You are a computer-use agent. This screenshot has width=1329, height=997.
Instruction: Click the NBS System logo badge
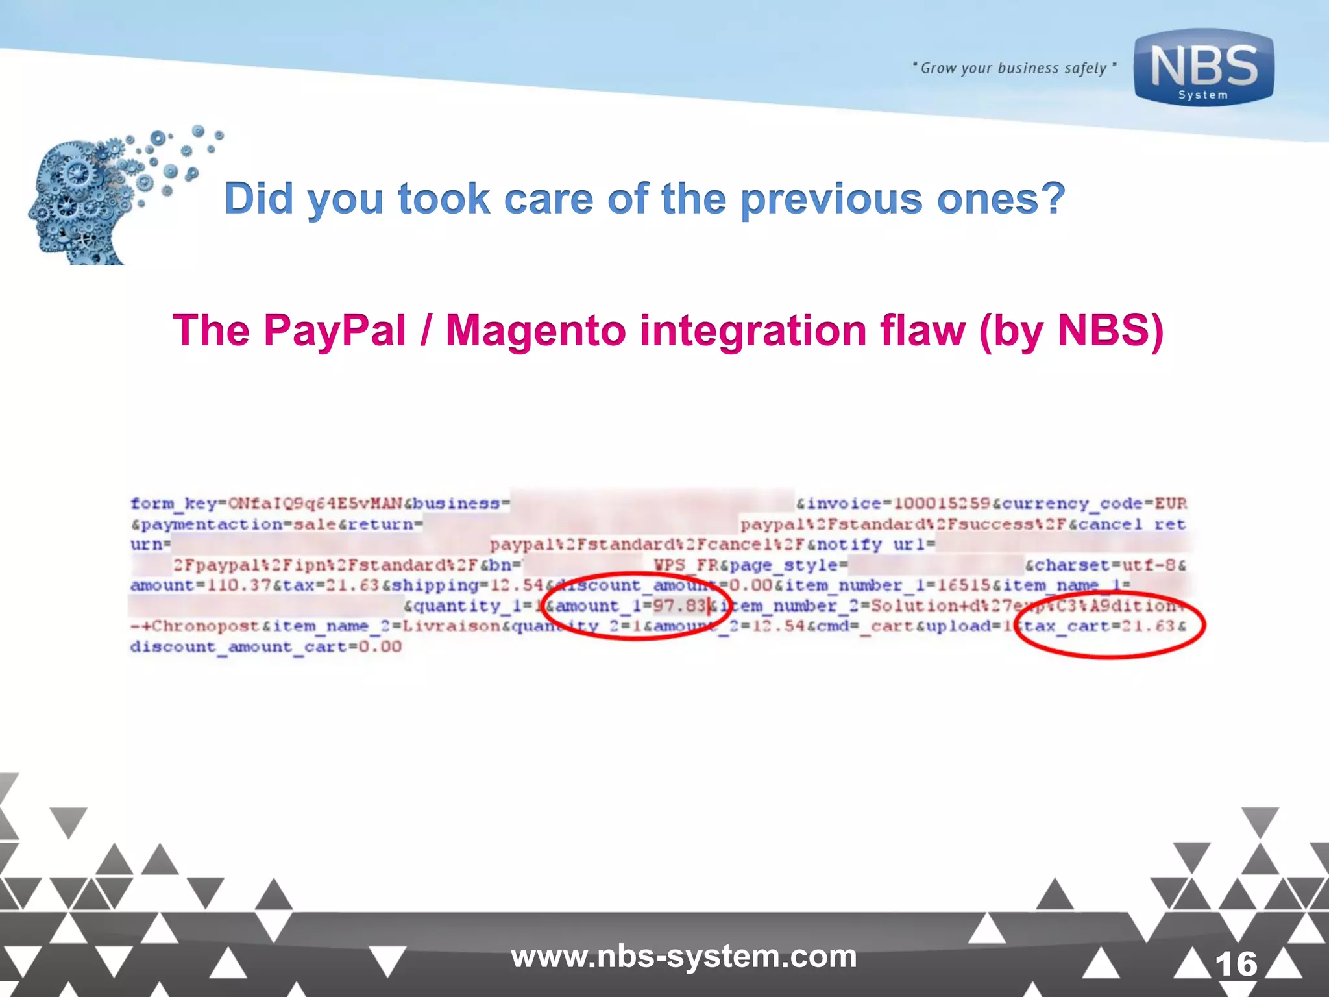[1204, 68]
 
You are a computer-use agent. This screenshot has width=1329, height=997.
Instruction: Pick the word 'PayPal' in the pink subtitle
[335, 330]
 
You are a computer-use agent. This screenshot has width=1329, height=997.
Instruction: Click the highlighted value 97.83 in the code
[679, 606]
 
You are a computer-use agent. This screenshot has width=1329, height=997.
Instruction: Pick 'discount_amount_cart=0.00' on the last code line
[265, 647]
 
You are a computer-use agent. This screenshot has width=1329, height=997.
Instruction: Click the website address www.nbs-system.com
[683, 957]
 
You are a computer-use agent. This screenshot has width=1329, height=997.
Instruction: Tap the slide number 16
[1236, 964]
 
